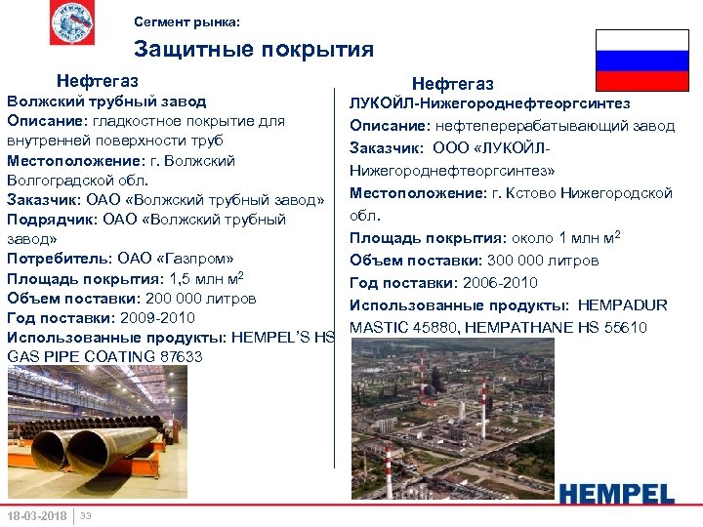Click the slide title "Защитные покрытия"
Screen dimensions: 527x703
coord(253,50)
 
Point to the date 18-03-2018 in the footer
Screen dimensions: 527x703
coord(36,515)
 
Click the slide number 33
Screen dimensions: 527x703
coord(86,515)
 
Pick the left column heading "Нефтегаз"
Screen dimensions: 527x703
coord(97,80)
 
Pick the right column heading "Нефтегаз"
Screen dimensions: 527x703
coord(452,85)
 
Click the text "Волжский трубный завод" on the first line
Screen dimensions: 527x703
coord(106,101)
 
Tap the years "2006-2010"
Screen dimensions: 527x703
coord(500,283)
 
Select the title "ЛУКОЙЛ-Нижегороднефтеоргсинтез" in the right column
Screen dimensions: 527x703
coord(489,103)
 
